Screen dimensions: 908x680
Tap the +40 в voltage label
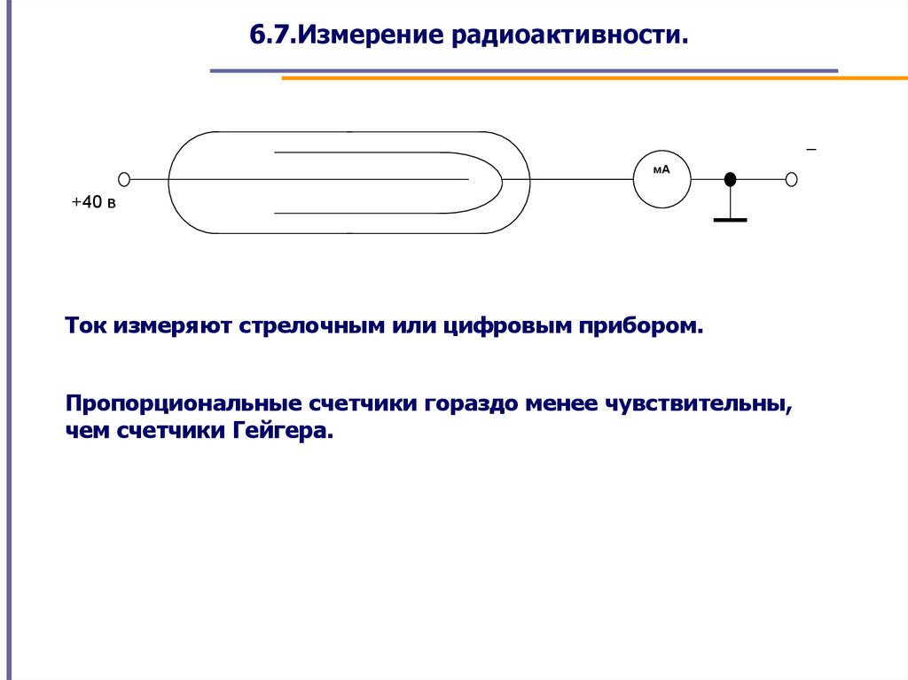coord(93,202)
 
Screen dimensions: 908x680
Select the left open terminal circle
coord(124,179)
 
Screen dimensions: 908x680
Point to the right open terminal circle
coord(792,180)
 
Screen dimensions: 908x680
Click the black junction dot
coord(731,180)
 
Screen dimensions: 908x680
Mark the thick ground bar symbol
coord(731,220)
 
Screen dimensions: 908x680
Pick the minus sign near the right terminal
coord(811,150)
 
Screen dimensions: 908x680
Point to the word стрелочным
coord(312,326)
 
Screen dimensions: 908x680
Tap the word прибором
coord(641,326)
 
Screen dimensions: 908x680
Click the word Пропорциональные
coord(183,403)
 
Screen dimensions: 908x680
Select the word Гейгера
coord(283,432)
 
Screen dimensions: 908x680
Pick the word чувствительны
coord(699,403)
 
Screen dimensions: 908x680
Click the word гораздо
coord(471,403)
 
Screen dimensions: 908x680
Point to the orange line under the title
coord(595,78)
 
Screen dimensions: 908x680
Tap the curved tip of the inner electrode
coord(502,182)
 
